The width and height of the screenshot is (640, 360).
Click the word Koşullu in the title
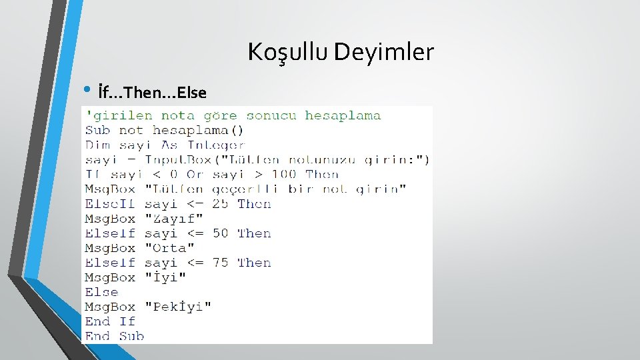coord(288,52)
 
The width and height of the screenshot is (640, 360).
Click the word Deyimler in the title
coord(383,52)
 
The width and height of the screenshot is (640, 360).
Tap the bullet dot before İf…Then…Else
coord(89,90)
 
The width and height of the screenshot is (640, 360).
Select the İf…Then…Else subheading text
coord(151,91)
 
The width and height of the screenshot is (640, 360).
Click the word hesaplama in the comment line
coord(343,115)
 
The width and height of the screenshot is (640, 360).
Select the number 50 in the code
coord(221,233)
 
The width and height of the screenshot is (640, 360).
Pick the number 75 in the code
coord(221,262)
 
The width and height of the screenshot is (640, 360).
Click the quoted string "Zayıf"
coord(174,218)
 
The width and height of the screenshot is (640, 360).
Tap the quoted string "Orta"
coord(170,247)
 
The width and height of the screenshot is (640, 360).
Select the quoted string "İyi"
coord(165,277)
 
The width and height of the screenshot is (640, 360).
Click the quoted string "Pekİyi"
coord(178,306)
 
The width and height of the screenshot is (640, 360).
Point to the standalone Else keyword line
coord(101,291)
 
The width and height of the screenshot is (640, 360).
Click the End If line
coord(110,321)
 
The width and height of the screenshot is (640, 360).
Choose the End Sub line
coord(114,335)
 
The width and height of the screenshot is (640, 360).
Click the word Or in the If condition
coord(195,174)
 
